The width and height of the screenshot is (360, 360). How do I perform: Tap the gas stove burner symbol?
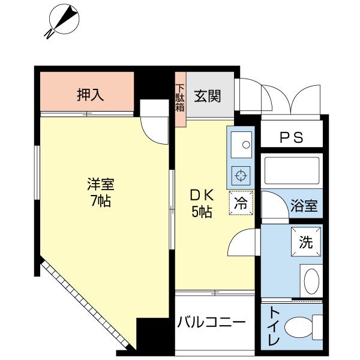point(241,176)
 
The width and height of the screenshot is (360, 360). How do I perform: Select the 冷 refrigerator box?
point(241,202)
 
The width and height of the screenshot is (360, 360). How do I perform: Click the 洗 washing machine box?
point(305,243)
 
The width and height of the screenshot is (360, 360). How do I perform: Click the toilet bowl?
point(299,328)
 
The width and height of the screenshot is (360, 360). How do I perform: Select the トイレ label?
point(274,326)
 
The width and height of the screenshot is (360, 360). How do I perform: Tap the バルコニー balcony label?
point(211,322)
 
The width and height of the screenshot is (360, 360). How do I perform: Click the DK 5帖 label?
point(202,203)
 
